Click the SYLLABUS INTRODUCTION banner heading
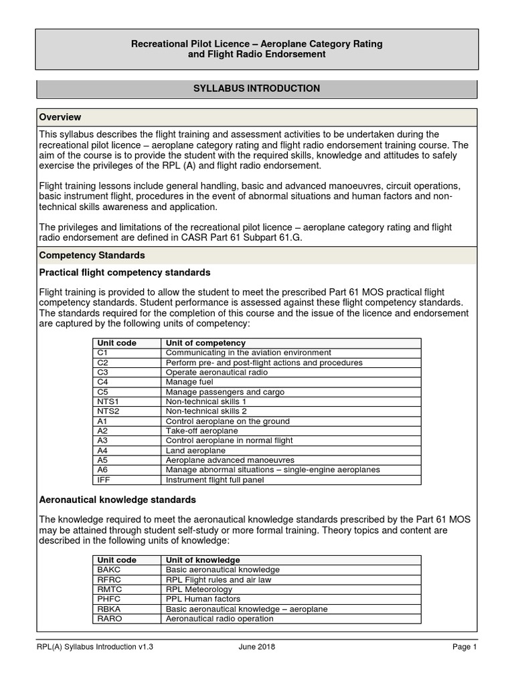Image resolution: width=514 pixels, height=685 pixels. coord(257,88)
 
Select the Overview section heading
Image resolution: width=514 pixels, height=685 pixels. coord(60,117)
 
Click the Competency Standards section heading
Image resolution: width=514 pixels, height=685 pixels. coord(92,256)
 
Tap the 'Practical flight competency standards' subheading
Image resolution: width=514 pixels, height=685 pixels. coord(125,272)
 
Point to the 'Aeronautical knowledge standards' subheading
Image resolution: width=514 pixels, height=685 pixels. coord(118,500)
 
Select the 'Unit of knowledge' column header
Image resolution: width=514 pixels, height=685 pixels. coord(203,560)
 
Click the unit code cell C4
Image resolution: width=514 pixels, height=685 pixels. coord(102,382)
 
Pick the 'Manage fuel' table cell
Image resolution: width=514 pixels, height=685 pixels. coord(189,382)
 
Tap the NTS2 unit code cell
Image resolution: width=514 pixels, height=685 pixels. coord(107,411)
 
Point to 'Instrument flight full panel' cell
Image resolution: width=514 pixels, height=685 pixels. coord(216,480)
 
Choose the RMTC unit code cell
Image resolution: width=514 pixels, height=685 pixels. coord(109,589)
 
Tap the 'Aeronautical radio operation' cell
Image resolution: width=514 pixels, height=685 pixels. coord(220,619)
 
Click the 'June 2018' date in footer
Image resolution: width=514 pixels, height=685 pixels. coord(256,647)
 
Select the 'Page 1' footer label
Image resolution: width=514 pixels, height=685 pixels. coord(464,647)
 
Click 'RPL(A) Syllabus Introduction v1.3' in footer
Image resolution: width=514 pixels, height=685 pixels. coord(100,647)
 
